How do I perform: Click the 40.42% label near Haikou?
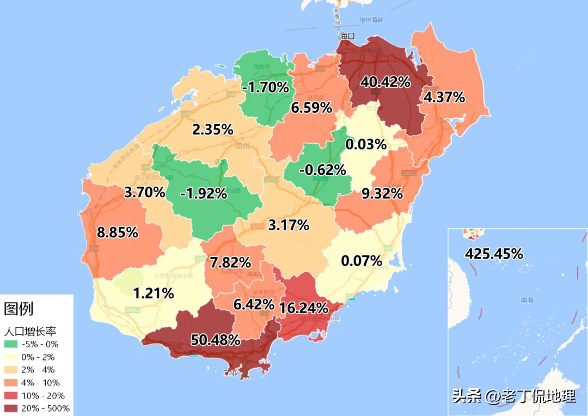(x=385, y=82)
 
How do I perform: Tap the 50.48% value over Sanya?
(x=216, y=340)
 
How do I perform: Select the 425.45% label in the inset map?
(x=494, y=254)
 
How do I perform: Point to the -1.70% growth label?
(x=266, y=87)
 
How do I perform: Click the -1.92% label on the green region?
(x=203, y=193)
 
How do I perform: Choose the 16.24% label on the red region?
(x=303, y=308)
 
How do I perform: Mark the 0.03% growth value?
(x=366, y=145)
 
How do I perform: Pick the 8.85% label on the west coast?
(x=117, y=233)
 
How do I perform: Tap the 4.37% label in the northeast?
(x=445, y=97)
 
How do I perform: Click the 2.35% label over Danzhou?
(x=213, y=130)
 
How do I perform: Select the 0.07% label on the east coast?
(x=362, y=261)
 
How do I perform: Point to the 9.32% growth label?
(x=382, y=193)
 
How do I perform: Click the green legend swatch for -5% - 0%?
(x=11, y=344)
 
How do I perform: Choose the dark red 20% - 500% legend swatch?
(x=11, y=408)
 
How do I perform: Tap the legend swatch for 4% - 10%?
(x=11, y=383)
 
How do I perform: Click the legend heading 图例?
(x=19, y=309)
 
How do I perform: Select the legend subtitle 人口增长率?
(x=31, y=331)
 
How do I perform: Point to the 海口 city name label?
(x=347, y=36)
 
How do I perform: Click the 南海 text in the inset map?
(x=527, y=300)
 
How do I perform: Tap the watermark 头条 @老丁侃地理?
(x=514, y=396)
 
